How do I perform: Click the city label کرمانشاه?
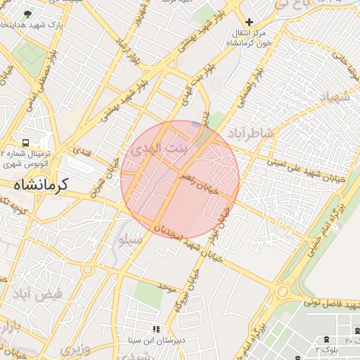tap(40, 184)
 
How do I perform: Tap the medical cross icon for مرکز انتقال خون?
tap(249, 22)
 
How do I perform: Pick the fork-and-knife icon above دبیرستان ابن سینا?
tap(156, 328)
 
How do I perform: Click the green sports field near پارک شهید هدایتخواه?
tap(30, 53)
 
